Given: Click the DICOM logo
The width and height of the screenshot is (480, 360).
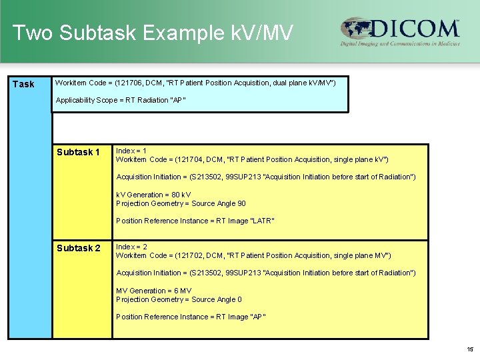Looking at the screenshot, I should click(x=400, y=31).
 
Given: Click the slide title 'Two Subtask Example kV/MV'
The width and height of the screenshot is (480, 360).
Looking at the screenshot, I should click(x=152, y=32).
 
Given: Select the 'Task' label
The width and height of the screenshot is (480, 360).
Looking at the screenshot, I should click(x=23, y=84).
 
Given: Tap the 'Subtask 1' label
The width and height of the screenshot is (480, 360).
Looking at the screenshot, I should click(x=78, y=152).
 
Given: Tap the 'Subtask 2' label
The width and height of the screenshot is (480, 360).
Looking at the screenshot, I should click(x=78, y=248).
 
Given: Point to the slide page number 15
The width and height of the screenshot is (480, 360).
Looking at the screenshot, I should click(x=470, y=349).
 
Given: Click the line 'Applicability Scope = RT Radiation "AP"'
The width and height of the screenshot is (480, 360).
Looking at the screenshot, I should click(x=121, y=100).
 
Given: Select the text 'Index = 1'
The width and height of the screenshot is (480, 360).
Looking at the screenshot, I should click(x=131, y=151).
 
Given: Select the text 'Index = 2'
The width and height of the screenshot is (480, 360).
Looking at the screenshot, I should click(x=131, y=247).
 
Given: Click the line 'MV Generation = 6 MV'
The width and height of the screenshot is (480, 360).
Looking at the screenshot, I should click(x=153, y=291).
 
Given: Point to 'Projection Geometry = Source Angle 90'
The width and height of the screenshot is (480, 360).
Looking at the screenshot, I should click(x=181, y=203).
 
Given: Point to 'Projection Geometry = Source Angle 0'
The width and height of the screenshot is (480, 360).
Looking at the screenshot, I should click(x=179, y=299).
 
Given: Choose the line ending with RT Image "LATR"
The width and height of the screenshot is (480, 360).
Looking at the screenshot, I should click(x=195, y=221).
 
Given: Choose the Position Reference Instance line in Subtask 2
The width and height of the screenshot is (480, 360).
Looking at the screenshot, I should click(x=191, y=317).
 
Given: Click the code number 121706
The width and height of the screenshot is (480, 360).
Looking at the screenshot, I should click(x=130, y=83).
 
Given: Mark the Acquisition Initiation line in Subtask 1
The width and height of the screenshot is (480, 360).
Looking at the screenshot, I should click(x=265, y=177).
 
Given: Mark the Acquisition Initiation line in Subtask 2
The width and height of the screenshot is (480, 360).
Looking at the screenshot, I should click(x=265, y=273).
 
